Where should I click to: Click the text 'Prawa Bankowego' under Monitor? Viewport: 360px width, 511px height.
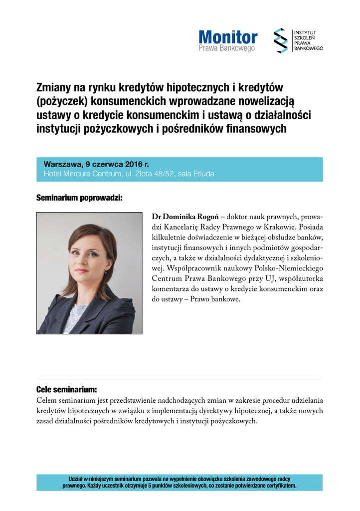click(x=227, y=48)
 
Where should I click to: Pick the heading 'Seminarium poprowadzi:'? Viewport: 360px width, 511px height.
click(x=79, y=198)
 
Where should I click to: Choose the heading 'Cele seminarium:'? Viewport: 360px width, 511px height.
click(x=66, y=389)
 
